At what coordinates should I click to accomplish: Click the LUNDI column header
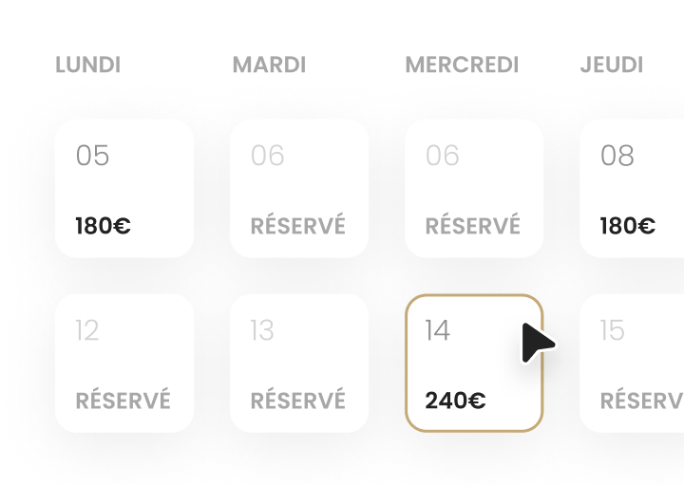pos(87,65)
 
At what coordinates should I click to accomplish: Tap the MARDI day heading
pos(269,65)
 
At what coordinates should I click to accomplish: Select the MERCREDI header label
pos(462,65)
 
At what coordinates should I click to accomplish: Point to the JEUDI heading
pos(611,65)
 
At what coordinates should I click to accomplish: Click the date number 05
pos(92,156)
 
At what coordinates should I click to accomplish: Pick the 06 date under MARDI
pos(267,156)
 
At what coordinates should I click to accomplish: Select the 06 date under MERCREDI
pos(443,156)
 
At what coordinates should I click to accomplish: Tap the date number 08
pos(617,156)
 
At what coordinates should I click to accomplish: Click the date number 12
pos(87,330)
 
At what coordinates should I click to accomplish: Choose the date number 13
pos(262,330)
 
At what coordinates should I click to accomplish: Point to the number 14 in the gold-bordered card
pos(438,330)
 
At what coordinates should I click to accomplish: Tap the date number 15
pos(612,330)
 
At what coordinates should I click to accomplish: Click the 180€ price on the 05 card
pos(104,226)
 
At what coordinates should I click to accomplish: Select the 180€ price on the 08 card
pos(628,226)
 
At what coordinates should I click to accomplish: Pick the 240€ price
pos(455,401)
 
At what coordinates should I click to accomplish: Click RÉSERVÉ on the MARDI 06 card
pos(298,225)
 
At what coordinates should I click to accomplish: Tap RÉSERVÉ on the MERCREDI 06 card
pos(473,225)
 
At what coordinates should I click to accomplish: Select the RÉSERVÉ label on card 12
pos(123,400)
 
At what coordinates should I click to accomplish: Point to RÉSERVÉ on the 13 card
pos(298,400)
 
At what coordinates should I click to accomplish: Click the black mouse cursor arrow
pos(536,343)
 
